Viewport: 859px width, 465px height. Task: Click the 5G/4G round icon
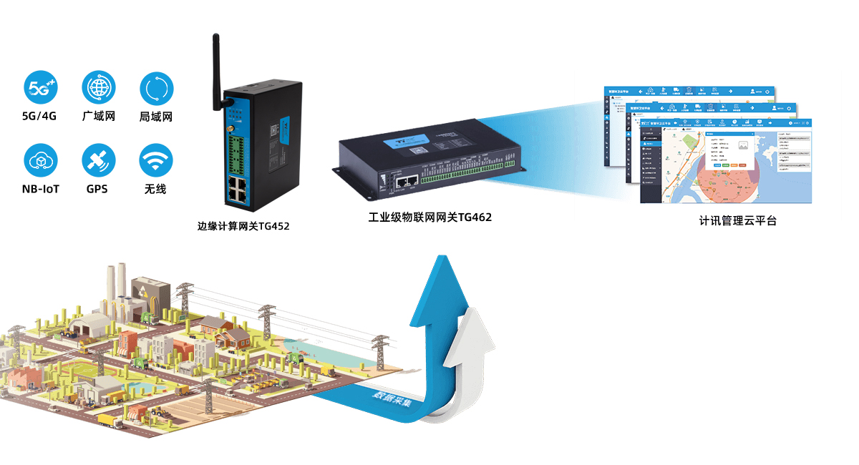click(40, 89)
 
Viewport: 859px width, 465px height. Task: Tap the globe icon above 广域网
click(98, 89)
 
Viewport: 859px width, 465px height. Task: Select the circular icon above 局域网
click(156, 89)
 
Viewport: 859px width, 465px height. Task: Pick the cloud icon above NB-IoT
click(40, 161)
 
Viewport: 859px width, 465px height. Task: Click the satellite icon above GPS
click(98, 161)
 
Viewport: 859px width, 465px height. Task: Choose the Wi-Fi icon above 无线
click(156, 161)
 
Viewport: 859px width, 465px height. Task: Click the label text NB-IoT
click(40, 189)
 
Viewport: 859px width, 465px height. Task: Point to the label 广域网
click(98, 117)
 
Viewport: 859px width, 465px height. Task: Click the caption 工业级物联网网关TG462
click(429, 217)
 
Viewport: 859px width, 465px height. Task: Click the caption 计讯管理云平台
click(737, 221)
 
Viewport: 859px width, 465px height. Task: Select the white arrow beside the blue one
click(470, 351)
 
